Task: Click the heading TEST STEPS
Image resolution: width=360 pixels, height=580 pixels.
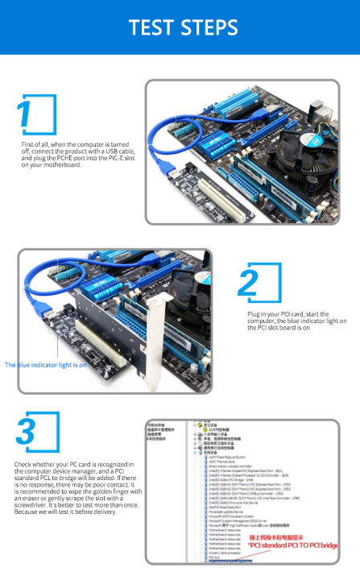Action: (180, 27)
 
